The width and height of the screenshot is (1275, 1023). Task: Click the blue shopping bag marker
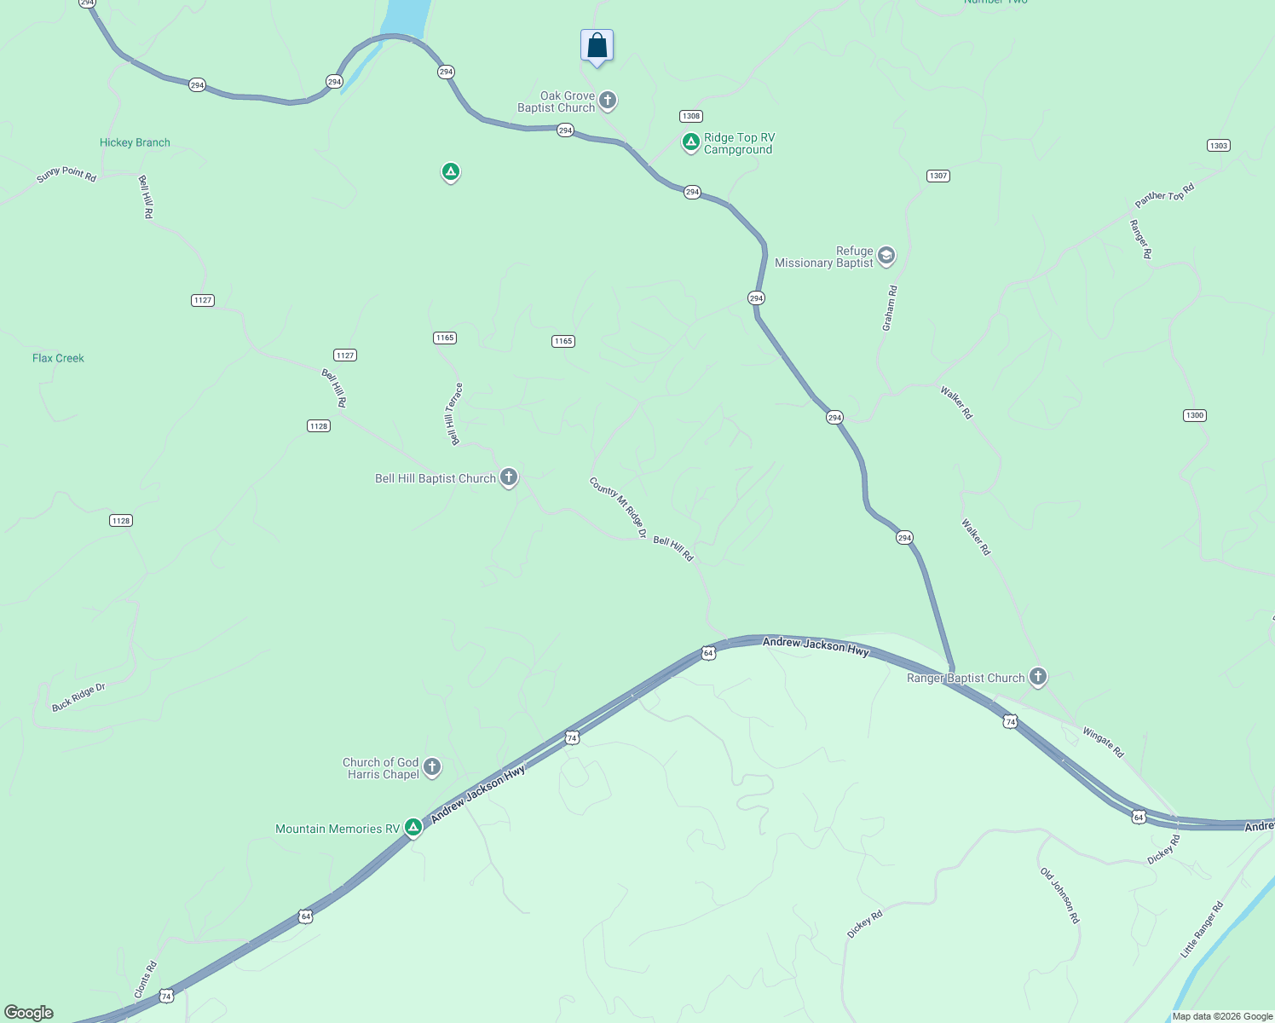[597, 46]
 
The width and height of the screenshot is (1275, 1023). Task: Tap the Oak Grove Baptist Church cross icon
[608, 101]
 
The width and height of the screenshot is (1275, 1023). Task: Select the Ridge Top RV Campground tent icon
[691, 142]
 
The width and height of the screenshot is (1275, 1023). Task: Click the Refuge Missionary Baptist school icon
[886, 256]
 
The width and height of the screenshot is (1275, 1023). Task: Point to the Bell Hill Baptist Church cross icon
[509, 477]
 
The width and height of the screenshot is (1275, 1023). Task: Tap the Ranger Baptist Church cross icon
[1037, 678]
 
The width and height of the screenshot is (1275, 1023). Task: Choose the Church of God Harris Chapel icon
[432, 767]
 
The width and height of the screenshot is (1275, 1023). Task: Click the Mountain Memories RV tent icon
[413, 827]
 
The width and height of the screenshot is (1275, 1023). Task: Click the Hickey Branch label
[135, 142]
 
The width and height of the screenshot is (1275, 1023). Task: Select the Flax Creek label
[58, 358]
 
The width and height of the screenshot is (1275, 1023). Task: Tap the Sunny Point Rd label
[66, 174]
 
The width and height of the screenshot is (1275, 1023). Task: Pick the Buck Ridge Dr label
[78, 697]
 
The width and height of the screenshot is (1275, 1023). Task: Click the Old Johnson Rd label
[1059, 896]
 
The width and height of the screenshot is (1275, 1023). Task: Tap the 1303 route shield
[1219, 146]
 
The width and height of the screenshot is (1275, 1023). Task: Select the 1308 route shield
[690, 116]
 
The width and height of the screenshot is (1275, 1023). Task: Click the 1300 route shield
[1195, 415]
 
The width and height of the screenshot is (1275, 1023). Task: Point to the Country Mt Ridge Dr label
[618, 506]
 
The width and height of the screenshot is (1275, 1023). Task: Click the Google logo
[29, 1013]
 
